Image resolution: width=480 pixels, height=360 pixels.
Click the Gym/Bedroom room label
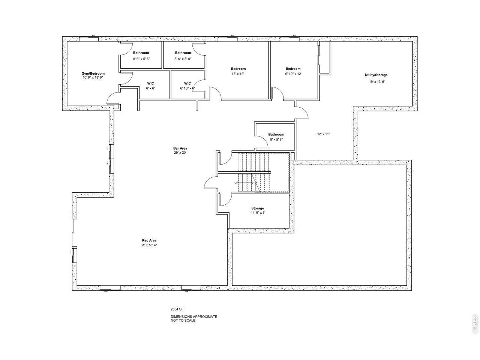coord(93,73)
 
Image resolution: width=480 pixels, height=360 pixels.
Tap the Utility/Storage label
coord(376,75)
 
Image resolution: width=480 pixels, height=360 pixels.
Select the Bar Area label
coord(180,148)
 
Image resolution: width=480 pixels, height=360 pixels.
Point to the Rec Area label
coord(149,240)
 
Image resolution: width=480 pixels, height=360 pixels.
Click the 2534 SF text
coord(177,309)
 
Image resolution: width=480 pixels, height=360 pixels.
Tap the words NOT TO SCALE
coord(183,321)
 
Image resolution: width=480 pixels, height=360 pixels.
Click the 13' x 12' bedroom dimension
coord(238,74)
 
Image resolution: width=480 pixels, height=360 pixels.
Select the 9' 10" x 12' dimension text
coord(293,74)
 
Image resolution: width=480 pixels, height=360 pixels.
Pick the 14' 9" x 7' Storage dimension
coord(258,213)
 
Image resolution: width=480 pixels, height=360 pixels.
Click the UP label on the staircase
coord(236,183)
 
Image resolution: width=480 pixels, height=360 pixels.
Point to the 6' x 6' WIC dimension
coord(150,88)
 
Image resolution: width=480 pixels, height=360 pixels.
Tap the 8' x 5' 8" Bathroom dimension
coord(276,139)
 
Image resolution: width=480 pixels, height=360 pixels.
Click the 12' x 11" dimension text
coord(323,134)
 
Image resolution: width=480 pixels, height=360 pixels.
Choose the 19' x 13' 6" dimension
coord(377,81)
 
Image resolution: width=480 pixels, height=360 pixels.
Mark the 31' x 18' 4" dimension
coord(149,245)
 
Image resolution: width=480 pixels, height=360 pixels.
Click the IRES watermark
coord(474,324)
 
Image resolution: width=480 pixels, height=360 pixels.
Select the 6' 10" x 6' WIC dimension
coord(187,88)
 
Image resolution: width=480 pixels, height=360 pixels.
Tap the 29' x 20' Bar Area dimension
coord(180,153)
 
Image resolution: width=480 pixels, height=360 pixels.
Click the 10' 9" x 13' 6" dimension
coord(93,77)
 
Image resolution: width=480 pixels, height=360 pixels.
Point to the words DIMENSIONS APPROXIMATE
coord(194,316)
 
